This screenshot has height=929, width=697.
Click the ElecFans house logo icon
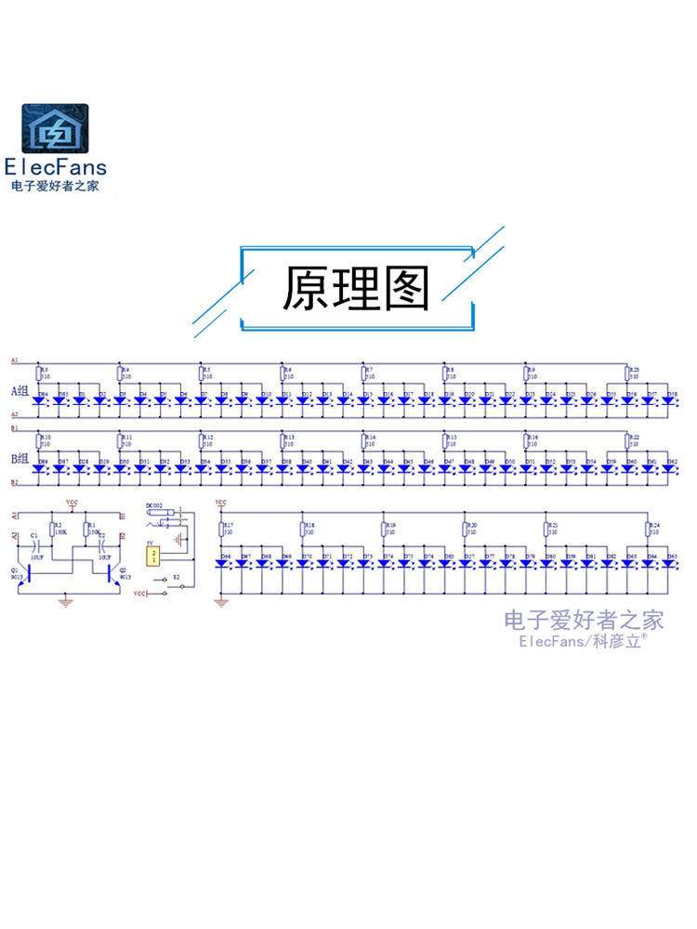click(56, 129)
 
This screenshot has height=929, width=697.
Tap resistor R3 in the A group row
click(39, 373)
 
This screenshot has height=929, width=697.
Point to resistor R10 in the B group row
click(39, 440)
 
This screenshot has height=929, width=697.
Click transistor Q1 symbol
click(29, 573)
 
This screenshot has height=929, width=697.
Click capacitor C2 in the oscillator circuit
click(101, 546)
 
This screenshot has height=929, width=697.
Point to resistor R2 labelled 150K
click(52, 530)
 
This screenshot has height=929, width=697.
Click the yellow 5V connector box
click(154, 556)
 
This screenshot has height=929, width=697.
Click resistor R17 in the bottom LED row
click(223, 530)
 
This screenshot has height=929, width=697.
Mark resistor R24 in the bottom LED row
click(648, 530)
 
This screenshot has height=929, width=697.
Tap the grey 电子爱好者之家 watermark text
click(584, 620)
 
